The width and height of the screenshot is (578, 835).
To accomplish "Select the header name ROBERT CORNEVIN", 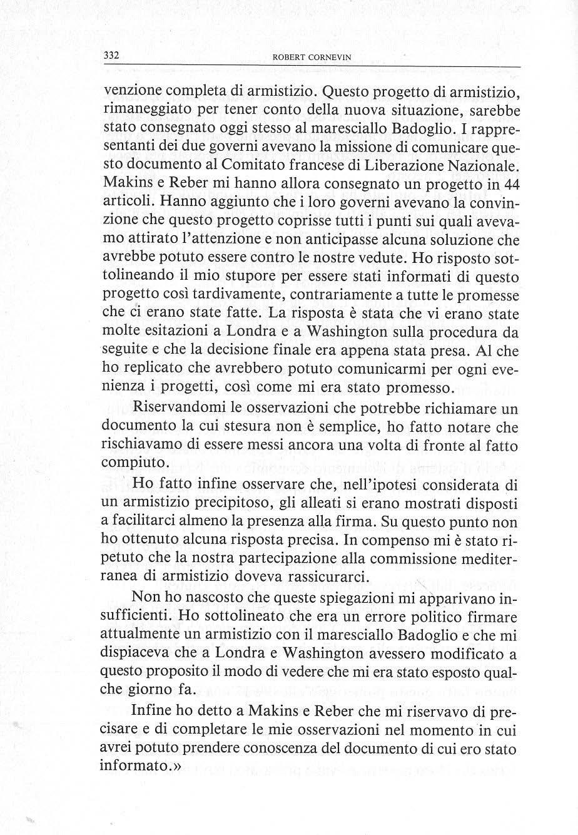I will (x=312, y=57).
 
